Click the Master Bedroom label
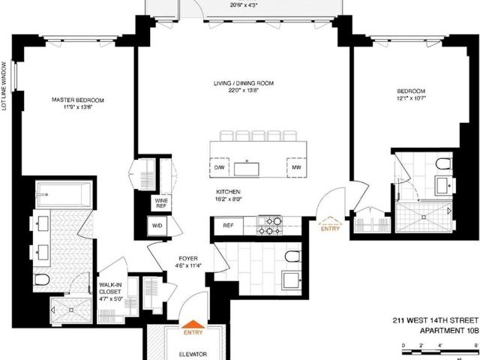click(78, 100)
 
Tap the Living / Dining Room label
click(244, 83)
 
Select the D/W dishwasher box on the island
click(219, 167)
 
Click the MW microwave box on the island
click(296, 167)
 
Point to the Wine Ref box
click(161, 203)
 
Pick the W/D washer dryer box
click(157, 226)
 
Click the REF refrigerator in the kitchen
click(228, 226)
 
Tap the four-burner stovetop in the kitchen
click(270, 225)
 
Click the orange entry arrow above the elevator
click(193, 324)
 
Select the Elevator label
click(193, 354)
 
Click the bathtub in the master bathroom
click(64, 195)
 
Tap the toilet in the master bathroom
click(42, 279)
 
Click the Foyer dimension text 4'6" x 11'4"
click(188, 265)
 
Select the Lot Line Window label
click(4, 86)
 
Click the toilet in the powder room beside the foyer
click(293, 256)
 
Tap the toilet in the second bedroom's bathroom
click(444, 164)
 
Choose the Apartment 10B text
click(448, 331)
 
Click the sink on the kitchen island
click(247, 169)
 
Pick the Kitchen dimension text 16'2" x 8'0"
click(229, 199)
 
